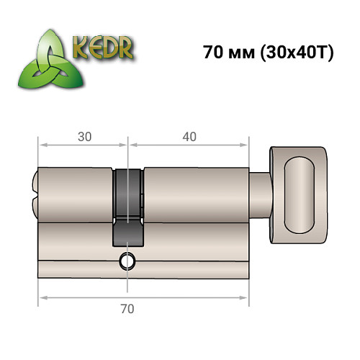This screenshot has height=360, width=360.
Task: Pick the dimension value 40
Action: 189,135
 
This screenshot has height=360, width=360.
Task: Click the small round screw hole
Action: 128,261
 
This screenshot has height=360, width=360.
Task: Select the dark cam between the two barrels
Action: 128,194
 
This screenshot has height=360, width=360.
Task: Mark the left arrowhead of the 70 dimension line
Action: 42,296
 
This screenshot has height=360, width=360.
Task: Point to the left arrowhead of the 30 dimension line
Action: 42,145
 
